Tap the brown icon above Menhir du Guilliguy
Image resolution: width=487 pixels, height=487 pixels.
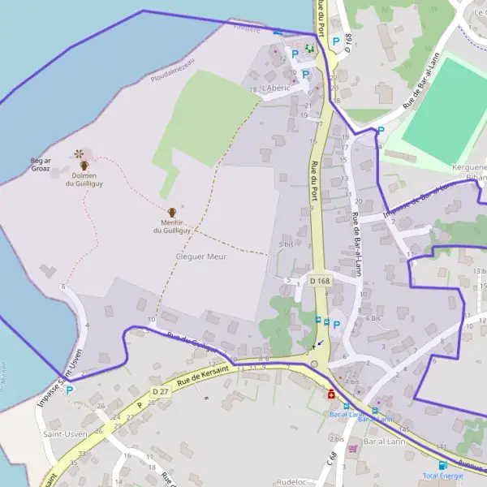pyautogui.click(x=172, y=213)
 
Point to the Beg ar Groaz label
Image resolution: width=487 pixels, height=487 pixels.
pyautogui.click(x=41, y=166)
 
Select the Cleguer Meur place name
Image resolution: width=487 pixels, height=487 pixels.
pyautogui.click(x=200, y=256)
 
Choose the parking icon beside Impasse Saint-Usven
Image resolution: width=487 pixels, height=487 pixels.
pyautogui.click(x=69, y=390)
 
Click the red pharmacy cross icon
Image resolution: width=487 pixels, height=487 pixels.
pyautogui.click(x=331, y=394)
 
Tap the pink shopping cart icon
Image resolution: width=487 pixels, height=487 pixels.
pyautogui.click(x=352, y=448)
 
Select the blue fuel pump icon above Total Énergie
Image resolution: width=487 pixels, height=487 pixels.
pyautogui.click(x=443, y=465)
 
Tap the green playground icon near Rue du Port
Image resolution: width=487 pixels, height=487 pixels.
pyautogui.click(x=309, y=49)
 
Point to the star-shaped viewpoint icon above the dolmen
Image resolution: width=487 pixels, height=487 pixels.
pyautogui.click(x=79, y=153)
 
